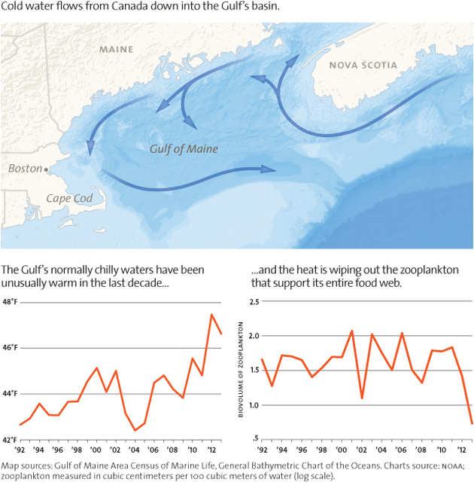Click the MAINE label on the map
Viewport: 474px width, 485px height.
coord(116,50)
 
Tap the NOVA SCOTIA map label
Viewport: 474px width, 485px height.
coord(363,66)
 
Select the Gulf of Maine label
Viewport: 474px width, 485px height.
coord(184,148)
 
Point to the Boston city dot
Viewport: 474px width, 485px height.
coord(47,169)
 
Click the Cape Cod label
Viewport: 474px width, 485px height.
coord(68,198)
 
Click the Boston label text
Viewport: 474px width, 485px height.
coord(25,169)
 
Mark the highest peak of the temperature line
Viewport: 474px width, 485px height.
coord(211,314)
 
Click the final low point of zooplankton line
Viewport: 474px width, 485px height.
coord(472,423)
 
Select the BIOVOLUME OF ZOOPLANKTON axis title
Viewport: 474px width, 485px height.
coord(243,371)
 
